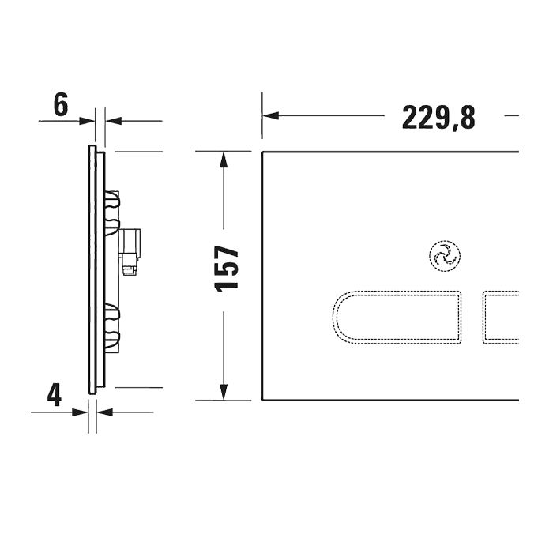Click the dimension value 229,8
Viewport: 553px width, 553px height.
click(x=438, y=117)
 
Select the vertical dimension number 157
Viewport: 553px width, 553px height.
click(x=228, y=268)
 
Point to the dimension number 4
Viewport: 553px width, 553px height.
click(x=54, y=394)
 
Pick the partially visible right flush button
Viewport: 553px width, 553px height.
click(x=501, y=317)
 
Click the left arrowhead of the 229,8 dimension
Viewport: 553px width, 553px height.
click(x=271, y=116)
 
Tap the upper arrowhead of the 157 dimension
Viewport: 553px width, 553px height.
click(x=225, y=159)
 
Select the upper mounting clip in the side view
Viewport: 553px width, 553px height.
click(x=114, y=203)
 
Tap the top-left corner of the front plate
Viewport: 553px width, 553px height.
click(x=263, y=151)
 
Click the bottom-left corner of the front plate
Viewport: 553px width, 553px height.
click(x=263, y=400)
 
